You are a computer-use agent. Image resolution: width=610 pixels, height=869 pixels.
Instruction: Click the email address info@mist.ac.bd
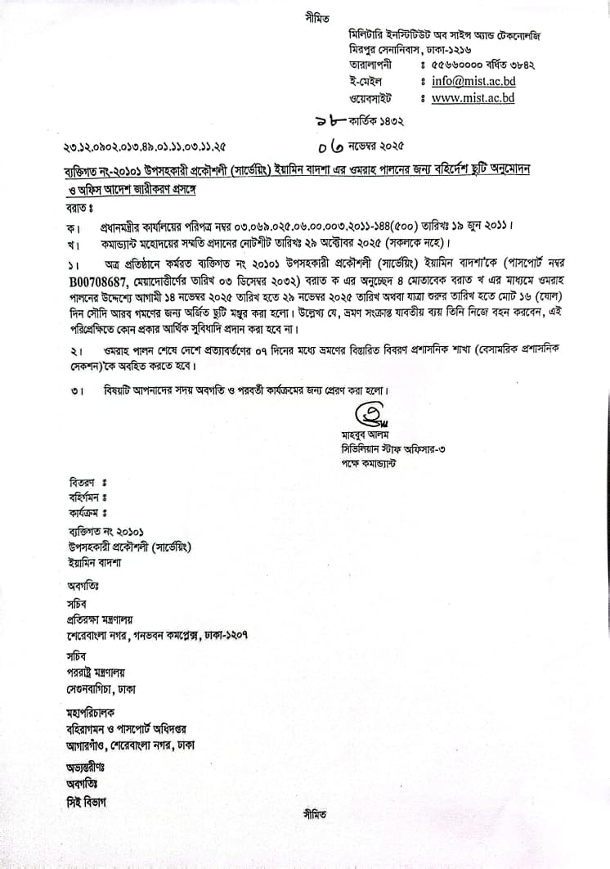pos(473,81)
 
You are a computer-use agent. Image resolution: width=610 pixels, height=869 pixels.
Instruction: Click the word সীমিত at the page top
pos(313,16)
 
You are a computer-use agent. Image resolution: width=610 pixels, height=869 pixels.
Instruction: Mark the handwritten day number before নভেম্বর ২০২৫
pos(333,146)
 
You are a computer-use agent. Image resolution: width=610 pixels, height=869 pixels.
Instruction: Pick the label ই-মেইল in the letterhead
pos(365,81)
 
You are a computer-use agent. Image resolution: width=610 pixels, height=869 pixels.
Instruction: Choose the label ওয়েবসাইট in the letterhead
pos(370,98)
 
